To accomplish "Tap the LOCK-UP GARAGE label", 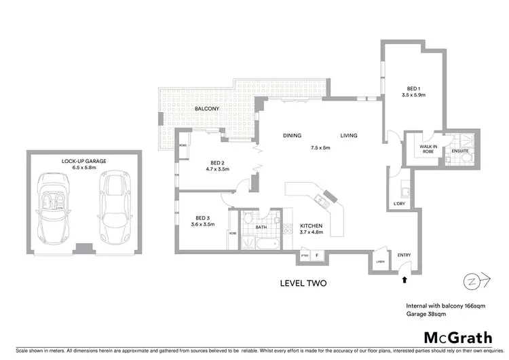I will point(84,161).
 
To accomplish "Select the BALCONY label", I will point(206,109).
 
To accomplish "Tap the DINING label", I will point(292,136).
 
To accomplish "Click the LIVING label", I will point(349,136).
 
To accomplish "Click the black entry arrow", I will point(405,278).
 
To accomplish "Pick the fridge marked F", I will point(317,257).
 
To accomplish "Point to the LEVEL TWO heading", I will point(303,284).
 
